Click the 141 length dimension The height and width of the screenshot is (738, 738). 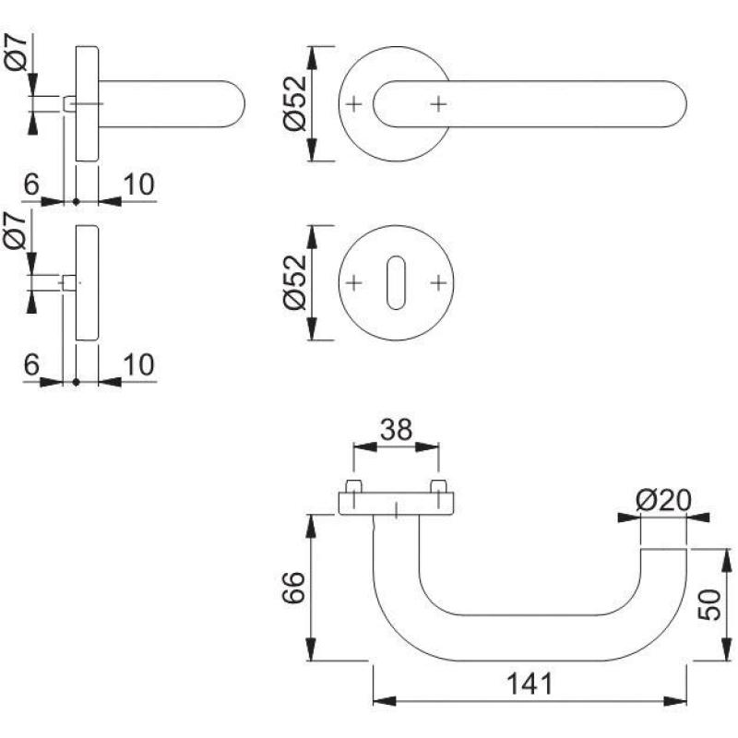click(529, 684)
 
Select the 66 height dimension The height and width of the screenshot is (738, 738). click(294, 587)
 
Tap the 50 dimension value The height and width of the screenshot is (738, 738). click(708, 605)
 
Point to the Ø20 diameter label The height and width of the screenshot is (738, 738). click(663, 500)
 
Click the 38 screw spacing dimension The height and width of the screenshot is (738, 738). click(397, 429)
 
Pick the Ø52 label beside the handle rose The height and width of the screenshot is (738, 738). click(295, 103)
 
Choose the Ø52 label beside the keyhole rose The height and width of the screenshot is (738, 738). click(295, 282)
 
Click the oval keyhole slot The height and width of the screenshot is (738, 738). click(396, 283)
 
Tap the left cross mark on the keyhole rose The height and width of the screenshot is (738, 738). click(354, 283)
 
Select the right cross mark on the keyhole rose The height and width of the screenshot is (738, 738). click(438, 283)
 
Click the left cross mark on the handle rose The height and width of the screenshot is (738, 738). click(354, 104)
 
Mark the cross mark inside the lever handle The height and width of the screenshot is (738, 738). click(438, 104)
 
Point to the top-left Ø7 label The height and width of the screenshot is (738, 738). click(17, 53)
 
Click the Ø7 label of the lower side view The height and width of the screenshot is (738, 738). click(15, 230)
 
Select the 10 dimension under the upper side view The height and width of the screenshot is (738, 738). click(138, 184)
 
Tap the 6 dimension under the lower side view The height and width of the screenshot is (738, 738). click(31, 364)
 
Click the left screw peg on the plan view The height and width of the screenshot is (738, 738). click(354, 486)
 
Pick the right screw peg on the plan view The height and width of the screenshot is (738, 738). click(438, 486)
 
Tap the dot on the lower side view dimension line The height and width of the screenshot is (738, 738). click(77, 382)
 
